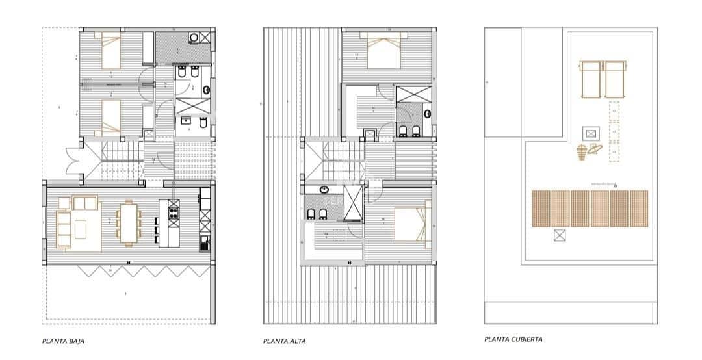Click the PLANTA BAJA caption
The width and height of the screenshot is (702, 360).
[x=64, y=341]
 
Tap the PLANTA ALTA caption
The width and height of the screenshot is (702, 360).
[x=285, y=341]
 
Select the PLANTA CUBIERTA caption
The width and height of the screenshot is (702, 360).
[x=513, y=339]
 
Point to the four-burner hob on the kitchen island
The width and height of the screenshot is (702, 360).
[x=174, y=209]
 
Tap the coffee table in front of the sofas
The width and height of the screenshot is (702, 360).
[x=81, y=229]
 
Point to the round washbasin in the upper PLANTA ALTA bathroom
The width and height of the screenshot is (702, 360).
[x=428, y=114]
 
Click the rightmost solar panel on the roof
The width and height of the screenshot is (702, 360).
[x=639, y=208]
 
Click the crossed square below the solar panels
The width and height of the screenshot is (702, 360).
[x=559, y=236]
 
